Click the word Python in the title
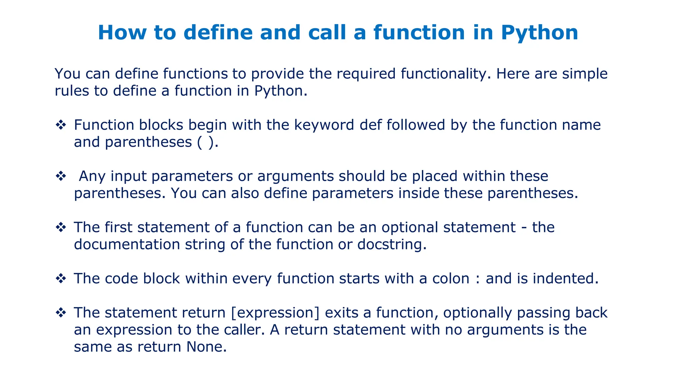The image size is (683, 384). tap(539, 33)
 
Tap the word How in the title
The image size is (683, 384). tap(122, 33)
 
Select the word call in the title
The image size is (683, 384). tap(327, 33)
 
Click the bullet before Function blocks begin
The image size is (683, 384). tap(61, 125)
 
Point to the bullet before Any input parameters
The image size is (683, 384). tap(61, 176)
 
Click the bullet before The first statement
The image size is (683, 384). tap(61, 227)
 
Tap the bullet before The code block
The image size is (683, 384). tap(61, 278)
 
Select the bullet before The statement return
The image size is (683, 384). tap(61, 313)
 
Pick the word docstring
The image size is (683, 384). tap(392, 245)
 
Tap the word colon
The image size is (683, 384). tap(451, 279)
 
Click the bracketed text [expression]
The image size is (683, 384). tap(275, 313)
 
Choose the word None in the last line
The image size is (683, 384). tap(206, 347)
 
